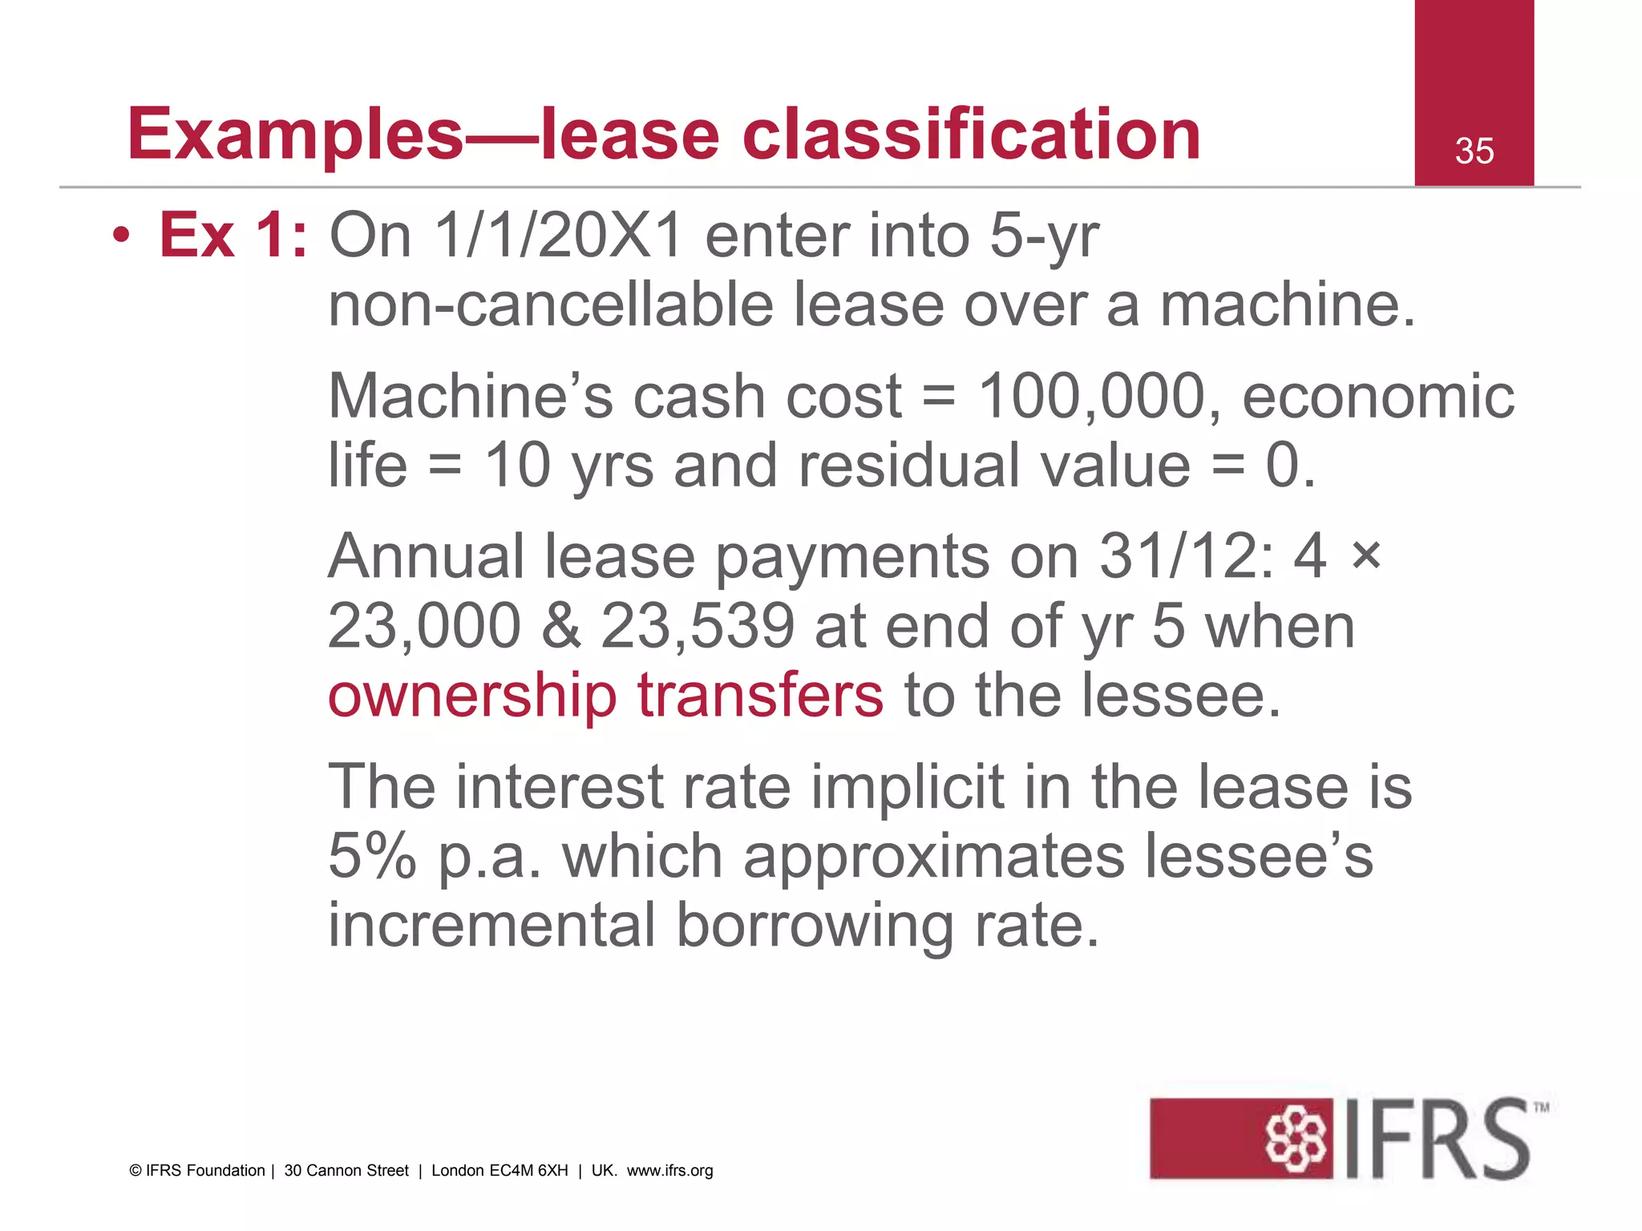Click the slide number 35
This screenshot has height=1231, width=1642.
(x=1474, y=151)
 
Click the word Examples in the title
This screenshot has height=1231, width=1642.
(x=295, y=135)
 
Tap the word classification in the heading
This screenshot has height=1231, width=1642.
(x=971, y=135)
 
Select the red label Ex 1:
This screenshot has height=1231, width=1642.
(x=233, y=235)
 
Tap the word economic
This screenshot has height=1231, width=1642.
(x=1378, y=396)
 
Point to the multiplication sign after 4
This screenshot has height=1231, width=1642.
(x=1365, y=555)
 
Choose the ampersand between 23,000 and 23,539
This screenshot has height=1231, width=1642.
(x=560, y=626)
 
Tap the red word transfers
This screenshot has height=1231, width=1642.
(x=760, y=695)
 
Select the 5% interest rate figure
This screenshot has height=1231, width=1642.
(x=372, y=856)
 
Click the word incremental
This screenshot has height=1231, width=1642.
(x=491, y=925)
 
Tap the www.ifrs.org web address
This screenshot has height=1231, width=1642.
(x=669, y=1170)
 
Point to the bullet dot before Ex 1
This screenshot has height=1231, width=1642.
(x=121, y=236)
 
